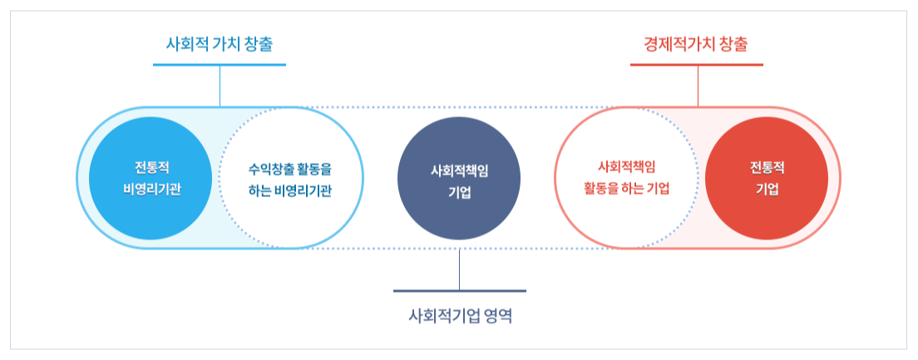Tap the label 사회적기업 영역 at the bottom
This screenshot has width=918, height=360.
coord(460,316)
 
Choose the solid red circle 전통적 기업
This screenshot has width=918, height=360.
coord(767,177)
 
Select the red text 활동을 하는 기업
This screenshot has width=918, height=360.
coord(627,188)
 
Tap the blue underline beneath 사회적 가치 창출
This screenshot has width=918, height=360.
coord(220,64)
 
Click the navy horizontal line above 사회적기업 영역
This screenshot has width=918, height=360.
coord(460,291)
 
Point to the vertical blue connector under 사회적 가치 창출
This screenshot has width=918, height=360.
coord(220,85)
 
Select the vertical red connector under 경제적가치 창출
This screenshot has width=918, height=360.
coord(698,85)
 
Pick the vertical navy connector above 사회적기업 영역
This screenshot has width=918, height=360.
coord(460,269)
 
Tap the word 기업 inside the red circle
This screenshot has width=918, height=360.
coord(767,188)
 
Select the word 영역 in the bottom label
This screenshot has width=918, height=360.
coord(494,316)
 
